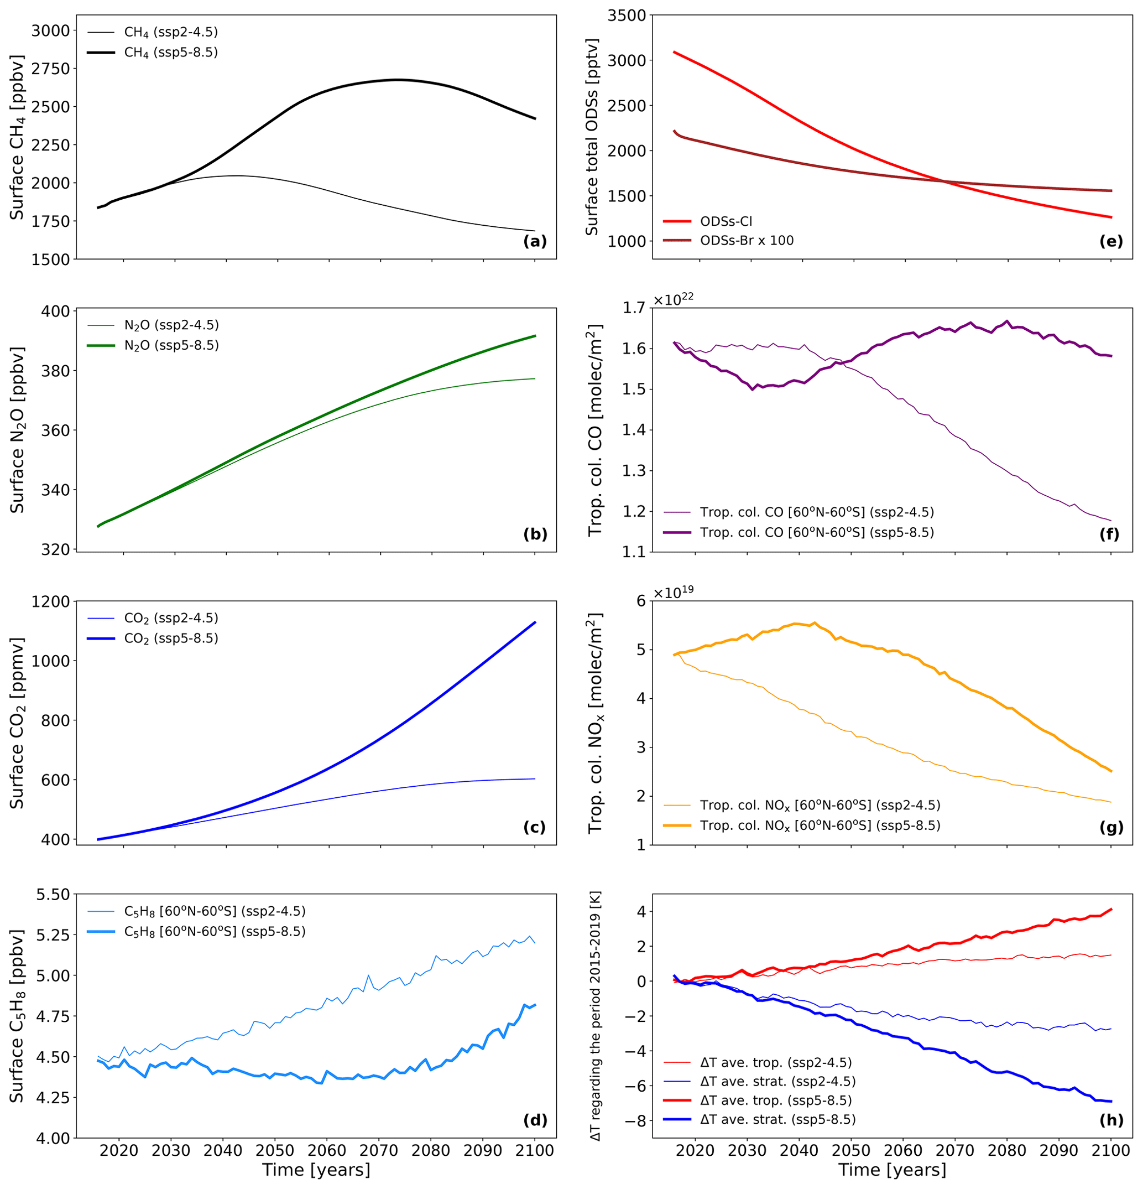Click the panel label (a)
(534, 241)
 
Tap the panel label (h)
(1111, 1120)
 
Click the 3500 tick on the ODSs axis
(627, 15)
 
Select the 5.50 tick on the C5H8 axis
(53, 895)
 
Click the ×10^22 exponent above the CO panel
(673, 299)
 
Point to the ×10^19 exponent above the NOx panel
(673, 591)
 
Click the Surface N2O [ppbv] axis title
(17, 430)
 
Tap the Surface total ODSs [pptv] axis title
(592, 137)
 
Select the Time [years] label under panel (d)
(316, 1170)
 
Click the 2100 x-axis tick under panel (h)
(1111, 1150)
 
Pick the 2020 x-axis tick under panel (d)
(119, 1150)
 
